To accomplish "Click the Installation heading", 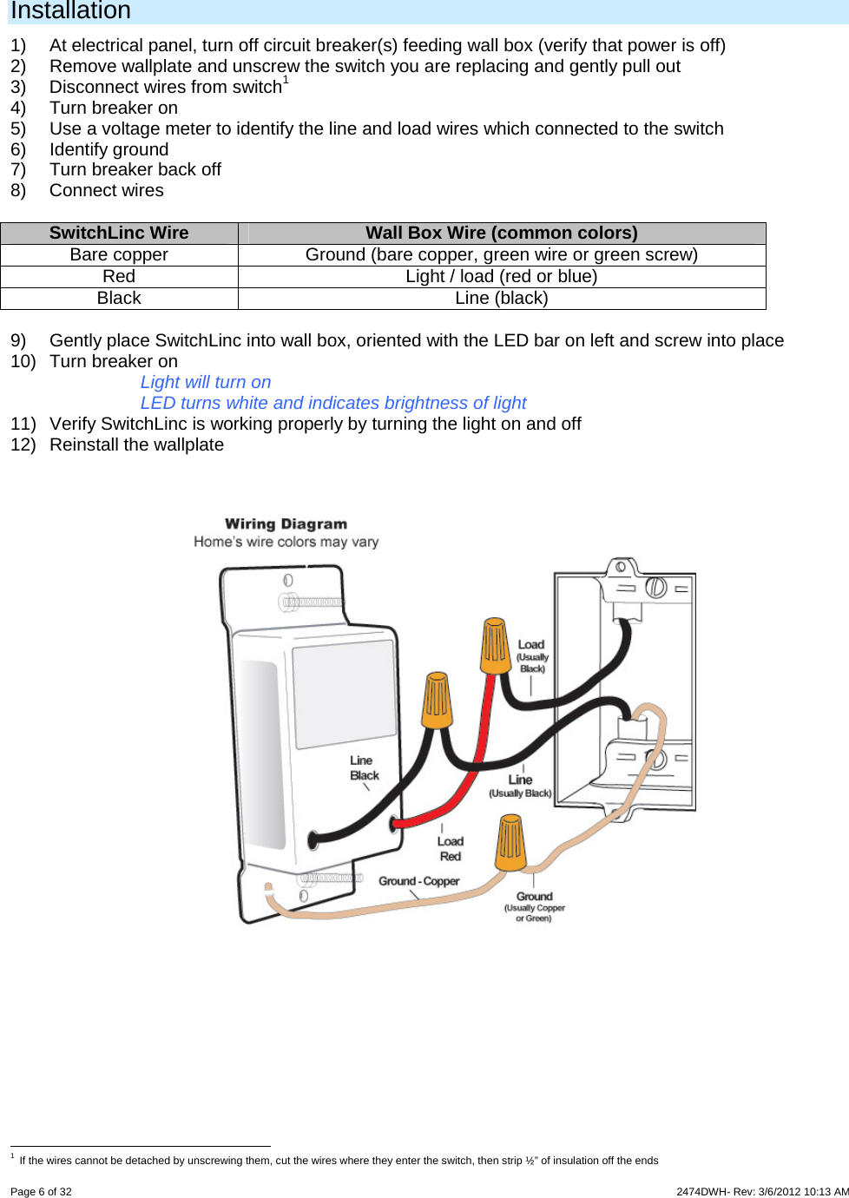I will point(70,11).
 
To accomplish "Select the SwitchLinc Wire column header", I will point(119,233).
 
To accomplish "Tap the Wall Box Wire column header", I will point(501,233).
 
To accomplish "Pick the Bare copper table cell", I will point(119,254).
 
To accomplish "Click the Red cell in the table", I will point(119,276).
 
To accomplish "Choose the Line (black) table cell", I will point(501,298).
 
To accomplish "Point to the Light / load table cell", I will point(501,276).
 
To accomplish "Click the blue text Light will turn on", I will point(206,382).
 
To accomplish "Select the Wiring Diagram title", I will point(286,523).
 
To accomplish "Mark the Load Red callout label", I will point(450,848).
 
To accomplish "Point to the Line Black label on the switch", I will point(364,767).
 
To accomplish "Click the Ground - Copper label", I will point(418,880).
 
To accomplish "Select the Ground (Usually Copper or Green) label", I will point(534,906).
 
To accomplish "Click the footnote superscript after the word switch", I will point(286,80).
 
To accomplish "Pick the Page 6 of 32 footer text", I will point(41,1191).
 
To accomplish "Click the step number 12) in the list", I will point(23,444).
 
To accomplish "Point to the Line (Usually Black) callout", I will point(520,785).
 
